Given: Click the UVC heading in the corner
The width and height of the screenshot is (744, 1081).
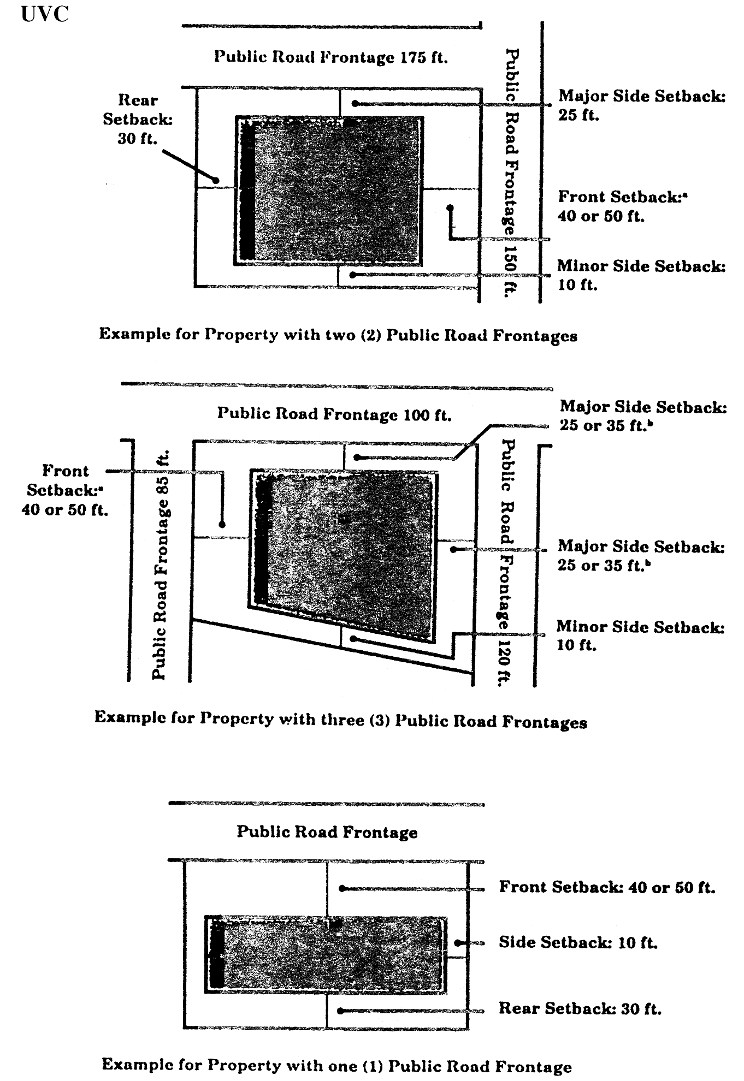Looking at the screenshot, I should [x=45, y=13].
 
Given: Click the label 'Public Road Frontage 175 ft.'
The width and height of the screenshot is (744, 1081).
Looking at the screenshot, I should [x=330, y=57].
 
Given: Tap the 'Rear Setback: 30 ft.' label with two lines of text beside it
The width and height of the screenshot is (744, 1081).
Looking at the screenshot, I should [x=137, y=119].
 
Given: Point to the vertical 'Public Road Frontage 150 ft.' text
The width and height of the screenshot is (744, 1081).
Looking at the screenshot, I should [x=511, y=173].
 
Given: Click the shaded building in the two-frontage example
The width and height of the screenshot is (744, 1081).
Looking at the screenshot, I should [x=329, y=191].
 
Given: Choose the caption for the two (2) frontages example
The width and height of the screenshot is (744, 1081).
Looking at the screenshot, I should [x=338, y=335].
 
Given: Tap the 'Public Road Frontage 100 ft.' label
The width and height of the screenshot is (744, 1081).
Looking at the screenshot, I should [x=334, y=414].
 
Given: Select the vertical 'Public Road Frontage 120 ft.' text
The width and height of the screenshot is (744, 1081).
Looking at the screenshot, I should [x=505, y=562].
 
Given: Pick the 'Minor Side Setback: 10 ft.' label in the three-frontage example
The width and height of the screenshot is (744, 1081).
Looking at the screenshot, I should [x=640, y=635].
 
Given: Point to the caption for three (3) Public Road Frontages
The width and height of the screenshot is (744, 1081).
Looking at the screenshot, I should [x=340, y=720].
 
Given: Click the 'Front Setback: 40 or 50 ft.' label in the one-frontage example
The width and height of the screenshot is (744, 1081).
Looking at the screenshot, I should [x=606, y=887].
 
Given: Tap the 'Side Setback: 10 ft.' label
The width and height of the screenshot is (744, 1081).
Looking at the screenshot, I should [x=577, y=942].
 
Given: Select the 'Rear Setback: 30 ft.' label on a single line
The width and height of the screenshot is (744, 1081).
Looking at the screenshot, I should [x=579, y=1008].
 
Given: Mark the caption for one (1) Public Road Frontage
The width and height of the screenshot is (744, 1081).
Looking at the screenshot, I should [x=336, y=1065].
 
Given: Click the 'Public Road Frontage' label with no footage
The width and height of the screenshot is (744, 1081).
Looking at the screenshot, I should [x=327, y=831].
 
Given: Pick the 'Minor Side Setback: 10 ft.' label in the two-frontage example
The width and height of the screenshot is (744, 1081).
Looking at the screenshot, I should [x=641, y=275].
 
